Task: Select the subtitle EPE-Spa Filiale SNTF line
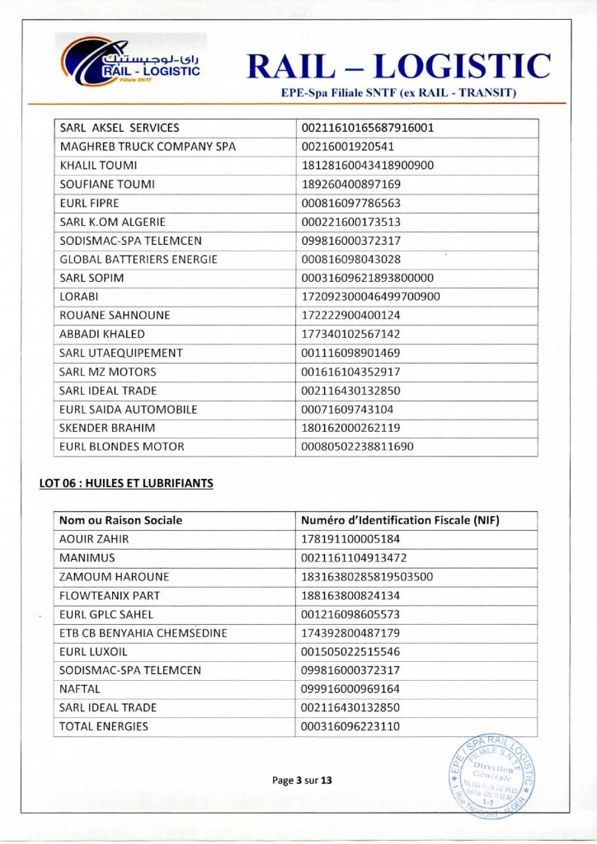(398, 93)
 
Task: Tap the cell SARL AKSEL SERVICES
(120, 128)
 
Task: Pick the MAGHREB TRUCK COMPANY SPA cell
(148, 147)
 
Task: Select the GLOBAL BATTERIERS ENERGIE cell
(139, 259)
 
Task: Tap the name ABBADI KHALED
(102, 334)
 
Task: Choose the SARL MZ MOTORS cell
(108, 372)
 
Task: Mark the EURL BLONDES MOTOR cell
(122, 447)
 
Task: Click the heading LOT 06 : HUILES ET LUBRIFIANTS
(126, 483)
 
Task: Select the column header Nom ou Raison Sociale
(121, 520)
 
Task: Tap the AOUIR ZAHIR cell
(94, 539)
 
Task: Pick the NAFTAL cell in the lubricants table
(80, 688)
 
